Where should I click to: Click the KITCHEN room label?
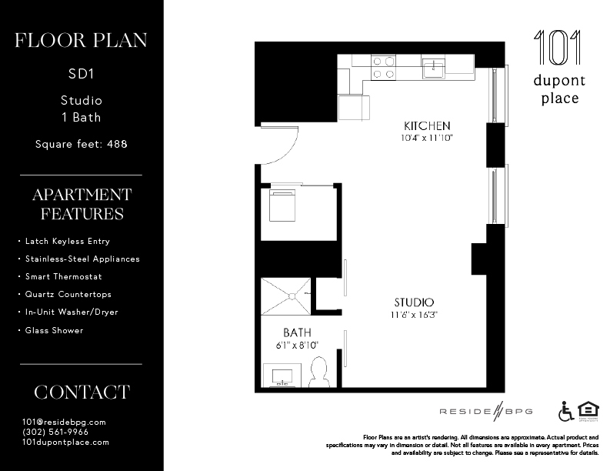click(427, 125)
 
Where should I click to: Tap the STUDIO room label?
click(414, 302)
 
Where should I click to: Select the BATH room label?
click(296, 332)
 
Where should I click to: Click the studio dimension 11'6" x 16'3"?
click(414, 315)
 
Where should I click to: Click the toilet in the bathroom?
click(318, 372)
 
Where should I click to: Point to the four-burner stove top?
click(383, 67)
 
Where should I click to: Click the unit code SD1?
click(82, 75)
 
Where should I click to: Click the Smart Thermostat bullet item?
click(63, 276)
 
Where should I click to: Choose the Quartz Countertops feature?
click(68, 294)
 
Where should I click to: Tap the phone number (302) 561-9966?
click(55, 432)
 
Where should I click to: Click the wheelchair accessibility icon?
click(566, 411)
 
